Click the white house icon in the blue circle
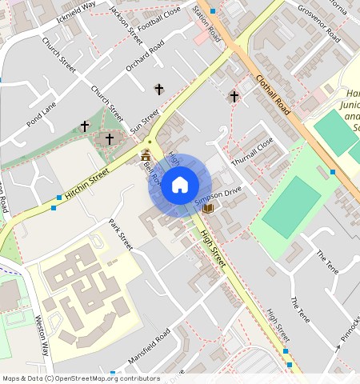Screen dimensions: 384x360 point(180,185)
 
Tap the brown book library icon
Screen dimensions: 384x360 point(209,209)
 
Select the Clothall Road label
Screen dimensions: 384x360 point(272,95)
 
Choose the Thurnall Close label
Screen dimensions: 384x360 point(252,151)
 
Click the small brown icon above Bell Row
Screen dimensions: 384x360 point(146,155)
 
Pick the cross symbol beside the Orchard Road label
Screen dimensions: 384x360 point(158,89)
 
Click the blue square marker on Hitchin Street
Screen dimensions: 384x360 point(59,198)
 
